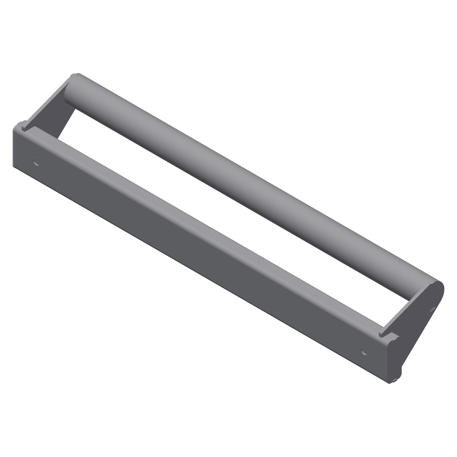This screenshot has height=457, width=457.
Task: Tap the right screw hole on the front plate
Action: [x=364, y=351]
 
